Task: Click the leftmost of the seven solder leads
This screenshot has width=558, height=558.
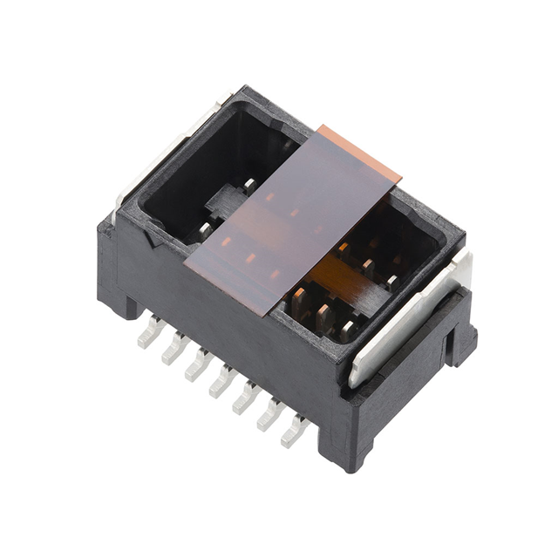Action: tap(148, 333)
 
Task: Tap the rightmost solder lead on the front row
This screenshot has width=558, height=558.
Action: tap(294, 431)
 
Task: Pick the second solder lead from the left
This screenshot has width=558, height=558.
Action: tap(172, 349)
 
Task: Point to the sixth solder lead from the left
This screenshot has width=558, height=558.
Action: tap(269, 414)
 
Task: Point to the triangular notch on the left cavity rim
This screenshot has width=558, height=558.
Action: tap(160, 229)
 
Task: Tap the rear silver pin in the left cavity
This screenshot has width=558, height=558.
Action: tap(250, 185)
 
